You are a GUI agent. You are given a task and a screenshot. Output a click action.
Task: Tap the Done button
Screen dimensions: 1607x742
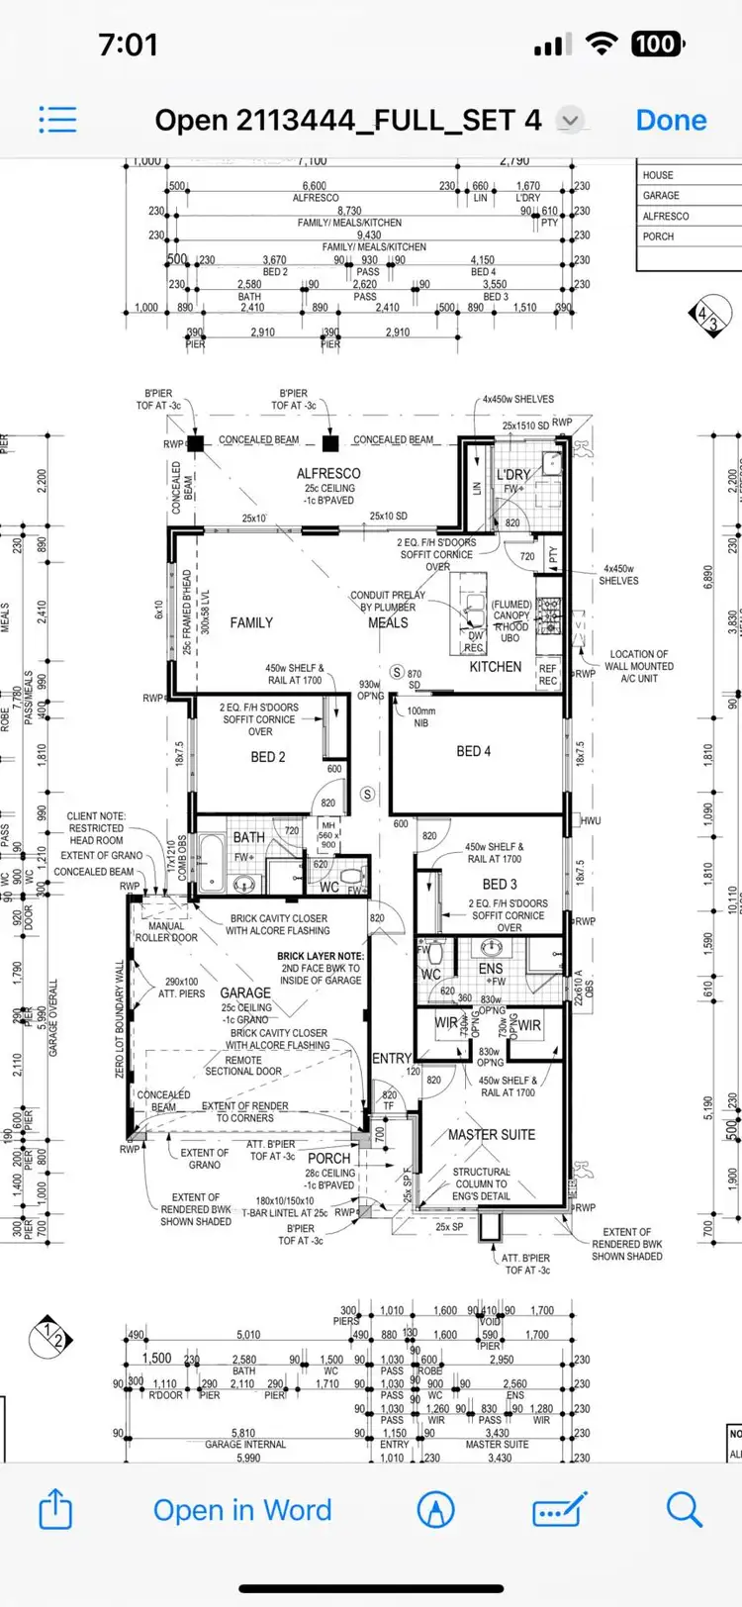[671, 121]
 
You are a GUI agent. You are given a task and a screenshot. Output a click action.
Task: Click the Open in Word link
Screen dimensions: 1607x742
[242, 1510]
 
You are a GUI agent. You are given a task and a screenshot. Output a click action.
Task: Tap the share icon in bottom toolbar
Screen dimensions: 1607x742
[55, 1510]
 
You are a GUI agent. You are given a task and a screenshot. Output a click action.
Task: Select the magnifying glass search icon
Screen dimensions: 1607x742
[684, 1510]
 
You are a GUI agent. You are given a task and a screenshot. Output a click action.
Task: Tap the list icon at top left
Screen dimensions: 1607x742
[57, 120]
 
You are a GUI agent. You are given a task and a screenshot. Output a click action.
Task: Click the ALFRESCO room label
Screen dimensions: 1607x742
[328, 474]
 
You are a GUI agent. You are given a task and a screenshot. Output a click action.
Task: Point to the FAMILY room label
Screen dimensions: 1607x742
[251, 622]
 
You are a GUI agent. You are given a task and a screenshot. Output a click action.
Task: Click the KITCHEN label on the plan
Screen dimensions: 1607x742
[495, 667]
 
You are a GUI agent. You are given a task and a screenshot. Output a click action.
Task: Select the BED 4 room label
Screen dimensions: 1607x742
[473, 751]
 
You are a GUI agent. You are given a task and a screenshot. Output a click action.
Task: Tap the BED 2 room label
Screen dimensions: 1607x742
[268, 757]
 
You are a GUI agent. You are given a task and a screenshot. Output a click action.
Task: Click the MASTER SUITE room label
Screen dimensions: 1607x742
[492, 1135]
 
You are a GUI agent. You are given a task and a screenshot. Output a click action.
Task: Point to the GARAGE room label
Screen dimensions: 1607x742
[245, 993]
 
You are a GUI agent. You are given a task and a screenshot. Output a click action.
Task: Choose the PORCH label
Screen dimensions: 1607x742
[328, 1158]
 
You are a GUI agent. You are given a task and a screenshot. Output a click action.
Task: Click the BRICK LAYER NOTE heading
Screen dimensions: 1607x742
[321, 957]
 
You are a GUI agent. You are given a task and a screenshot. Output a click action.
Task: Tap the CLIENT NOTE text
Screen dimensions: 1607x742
[96, 816]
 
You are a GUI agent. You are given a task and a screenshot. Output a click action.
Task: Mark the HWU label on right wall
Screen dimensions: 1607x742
[591, 821]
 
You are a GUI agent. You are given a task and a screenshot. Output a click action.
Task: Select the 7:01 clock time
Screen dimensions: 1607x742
[129, 45]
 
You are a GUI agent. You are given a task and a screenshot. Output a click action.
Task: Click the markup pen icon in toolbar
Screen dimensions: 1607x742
[436, 1510]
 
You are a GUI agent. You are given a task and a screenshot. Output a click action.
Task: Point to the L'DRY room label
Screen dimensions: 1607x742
[513, 475]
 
